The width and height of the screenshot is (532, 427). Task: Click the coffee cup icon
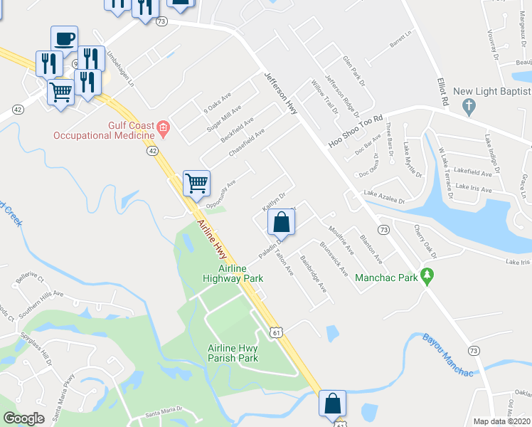(x=64, y=38)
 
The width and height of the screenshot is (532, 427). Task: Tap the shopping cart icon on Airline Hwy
(x=196, y=182)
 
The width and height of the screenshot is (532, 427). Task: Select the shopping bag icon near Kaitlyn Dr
(x=282, y=221)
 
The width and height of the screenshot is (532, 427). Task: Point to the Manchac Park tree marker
(x=427, y=274)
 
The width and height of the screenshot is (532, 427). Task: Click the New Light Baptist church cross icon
(x=468, y=107)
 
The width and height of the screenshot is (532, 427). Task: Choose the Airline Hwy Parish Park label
(x=233, y=352)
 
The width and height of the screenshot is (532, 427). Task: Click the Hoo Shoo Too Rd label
(x=356, y=132)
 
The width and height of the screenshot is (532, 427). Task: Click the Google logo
(x=23, y=418)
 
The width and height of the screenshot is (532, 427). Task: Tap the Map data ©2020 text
(x=501, y=421)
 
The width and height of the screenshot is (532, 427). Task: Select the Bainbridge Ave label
(x=313, y=274)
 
